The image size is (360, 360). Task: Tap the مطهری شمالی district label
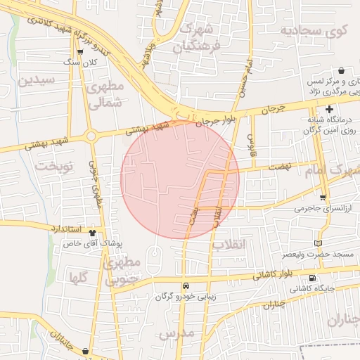[106, 94]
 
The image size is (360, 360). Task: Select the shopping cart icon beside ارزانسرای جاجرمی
[323, 198]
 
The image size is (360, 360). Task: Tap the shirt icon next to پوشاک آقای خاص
[92, 231]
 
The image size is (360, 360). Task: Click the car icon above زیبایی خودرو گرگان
[186, 285]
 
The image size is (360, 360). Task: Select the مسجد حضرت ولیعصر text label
[312, 253]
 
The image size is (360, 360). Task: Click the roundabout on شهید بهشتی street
[91, 136]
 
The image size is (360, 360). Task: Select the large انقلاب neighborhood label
[230, 244]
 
